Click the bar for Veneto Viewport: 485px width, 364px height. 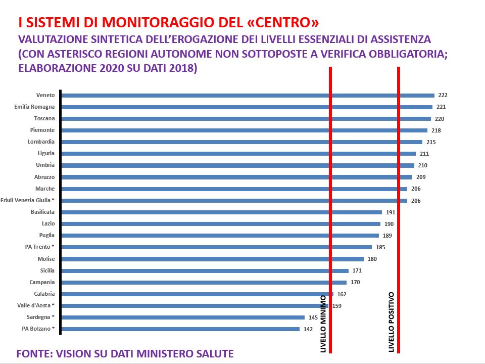248,95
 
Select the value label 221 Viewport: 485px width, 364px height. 441,107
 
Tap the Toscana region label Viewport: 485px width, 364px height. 44,118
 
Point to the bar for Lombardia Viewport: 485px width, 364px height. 241,142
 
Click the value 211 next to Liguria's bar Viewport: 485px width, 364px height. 424,154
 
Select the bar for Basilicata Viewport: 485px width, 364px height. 221,212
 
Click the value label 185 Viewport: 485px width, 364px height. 380,247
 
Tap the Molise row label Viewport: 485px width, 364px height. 46,259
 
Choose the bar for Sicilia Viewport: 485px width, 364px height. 205,270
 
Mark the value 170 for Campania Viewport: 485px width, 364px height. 355,283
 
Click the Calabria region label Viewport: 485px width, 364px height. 44,294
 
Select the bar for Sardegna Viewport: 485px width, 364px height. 183,317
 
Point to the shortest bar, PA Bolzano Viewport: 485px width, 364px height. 180,329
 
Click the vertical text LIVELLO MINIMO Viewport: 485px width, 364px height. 324,323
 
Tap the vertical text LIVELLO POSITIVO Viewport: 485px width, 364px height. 392,322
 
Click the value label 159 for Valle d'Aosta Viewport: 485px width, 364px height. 337,306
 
